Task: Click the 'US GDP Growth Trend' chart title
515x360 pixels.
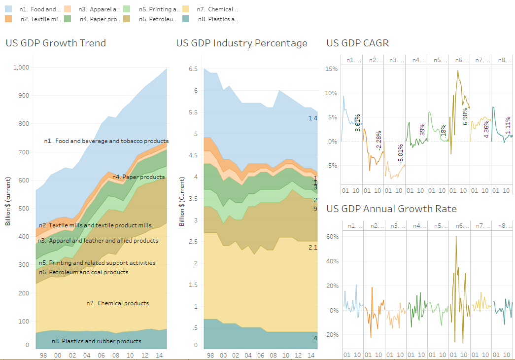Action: point(56,43)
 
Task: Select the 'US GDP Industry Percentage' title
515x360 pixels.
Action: point(241,43)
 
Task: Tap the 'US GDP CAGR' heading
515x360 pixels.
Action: point(357,43)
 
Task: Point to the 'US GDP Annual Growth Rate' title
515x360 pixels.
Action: point(391,209)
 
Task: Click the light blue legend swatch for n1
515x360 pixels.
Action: point(9,9)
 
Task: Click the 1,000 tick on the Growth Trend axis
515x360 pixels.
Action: point(21,68)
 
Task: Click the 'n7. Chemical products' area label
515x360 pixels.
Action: point(117,303)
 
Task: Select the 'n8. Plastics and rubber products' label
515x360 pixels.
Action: point(96,341)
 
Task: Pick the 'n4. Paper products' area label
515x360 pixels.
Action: point(138,177)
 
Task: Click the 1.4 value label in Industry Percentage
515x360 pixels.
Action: point(312,118)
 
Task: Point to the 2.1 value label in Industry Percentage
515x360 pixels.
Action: point(312,247)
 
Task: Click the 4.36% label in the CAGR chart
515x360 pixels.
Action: point(486,130)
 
